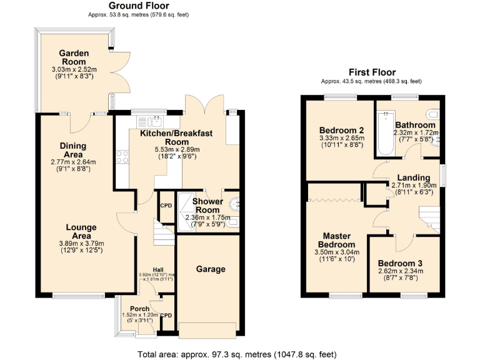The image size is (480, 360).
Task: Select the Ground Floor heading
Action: tap(138, 6)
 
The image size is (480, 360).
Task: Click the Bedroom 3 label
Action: tap(401, 263)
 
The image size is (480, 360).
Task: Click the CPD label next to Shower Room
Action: tap(166, 206)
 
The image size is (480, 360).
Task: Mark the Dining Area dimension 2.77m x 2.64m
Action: tap(73, 162)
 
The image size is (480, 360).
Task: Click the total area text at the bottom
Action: tap(239, 354)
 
